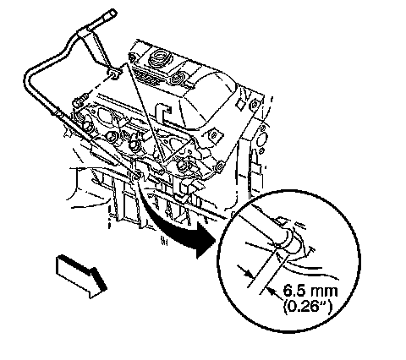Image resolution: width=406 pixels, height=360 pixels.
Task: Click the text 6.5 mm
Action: point(310,291)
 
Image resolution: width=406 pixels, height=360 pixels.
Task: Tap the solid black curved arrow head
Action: point(204,240)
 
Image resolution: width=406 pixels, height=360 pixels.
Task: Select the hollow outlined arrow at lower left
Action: point(81,276)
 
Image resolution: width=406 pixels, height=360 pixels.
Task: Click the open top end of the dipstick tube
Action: point(112,13)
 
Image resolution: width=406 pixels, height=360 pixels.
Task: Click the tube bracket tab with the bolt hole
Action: point(114,74)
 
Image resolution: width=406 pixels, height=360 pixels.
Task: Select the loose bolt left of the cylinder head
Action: point(81,100)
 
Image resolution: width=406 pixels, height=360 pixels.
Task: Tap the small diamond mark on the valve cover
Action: point(240,106)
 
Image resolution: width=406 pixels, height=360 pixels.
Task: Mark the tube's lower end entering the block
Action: point(134,177)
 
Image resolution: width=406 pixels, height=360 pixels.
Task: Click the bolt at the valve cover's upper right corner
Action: point(254,105)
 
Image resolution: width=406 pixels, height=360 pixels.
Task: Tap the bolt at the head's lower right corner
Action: point(219,166)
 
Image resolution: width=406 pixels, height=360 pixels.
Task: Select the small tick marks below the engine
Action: point(164,241)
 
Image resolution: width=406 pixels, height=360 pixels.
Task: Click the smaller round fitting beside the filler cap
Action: point(178,76)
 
